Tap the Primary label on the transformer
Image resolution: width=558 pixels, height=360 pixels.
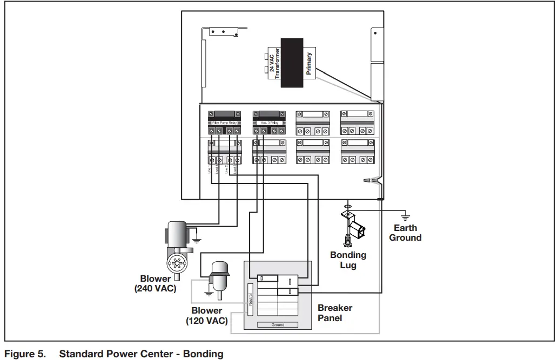click(309, 63)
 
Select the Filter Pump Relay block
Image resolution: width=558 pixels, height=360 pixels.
click(224, 123)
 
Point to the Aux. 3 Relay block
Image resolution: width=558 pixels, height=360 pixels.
click(268, 123)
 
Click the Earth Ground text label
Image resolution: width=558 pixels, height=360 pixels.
click(405, 233)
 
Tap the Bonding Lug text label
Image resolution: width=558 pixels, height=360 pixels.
click(348, 260)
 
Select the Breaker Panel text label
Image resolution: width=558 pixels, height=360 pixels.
click(335, 313)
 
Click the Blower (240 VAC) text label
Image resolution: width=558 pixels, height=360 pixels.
click(156, 284)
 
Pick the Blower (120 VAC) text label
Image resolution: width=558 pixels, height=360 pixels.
click(207, 316)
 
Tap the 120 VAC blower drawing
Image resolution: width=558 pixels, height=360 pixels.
click(219, 278)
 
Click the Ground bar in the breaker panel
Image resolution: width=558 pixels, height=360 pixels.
click(278, 324)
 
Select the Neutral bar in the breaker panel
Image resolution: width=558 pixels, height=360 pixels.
click(250, 299)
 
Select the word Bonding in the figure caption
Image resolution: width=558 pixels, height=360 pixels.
click(203, 354)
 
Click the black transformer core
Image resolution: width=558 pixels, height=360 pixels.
click(292, 63)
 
